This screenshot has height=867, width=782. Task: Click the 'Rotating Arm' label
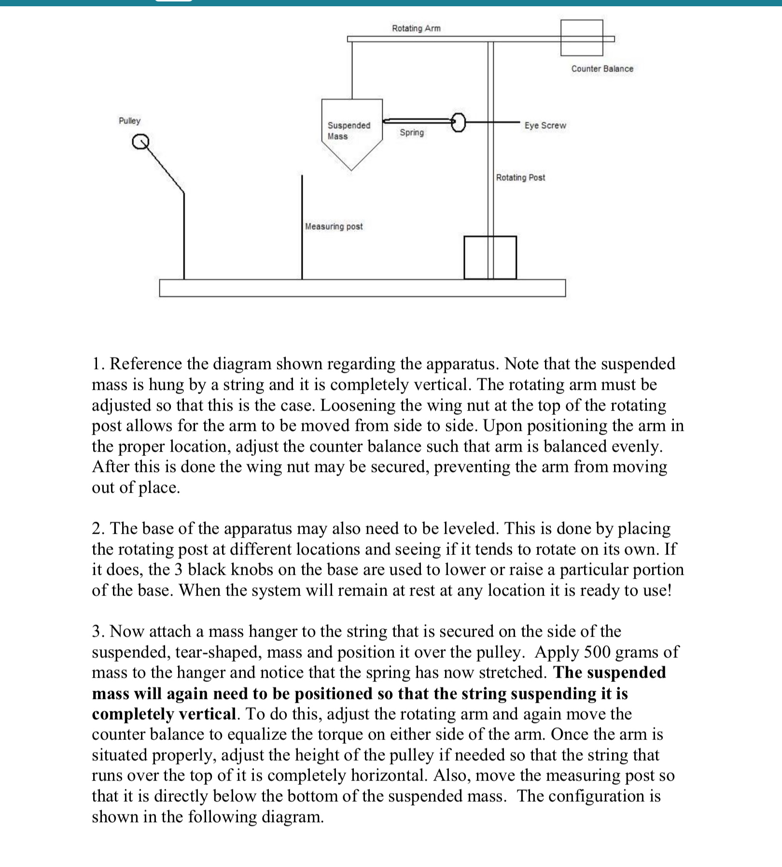(416, 28)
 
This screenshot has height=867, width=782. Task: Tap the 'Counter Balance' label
(602, 69)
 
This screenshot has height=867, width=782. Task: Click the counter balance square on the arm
(582, 38)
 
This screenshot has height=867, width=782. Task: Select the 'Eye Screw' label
(545, 126)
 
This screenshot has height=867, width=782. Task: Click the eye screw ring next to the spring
(459, 122)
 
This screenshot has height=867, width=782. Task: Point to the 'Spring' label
(412, 133)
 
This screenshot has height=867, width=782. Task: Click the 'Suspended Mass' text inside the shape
(349, 131)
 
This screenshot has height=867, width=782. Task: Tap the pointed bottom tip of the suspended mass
(352, 169)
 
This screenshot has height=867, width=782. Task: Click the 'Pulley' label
(129, 121)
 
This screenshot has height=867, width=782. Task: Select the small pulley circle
(140, 142)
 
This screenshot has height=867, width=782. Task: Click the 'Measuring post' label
(334, 227)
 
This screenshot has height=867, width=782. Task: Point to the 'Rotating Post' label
(520, 178)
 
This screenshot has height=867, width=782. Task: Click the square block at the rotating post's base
(490, 257)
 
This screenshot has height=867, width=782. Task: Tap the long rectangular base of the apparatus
(362, 288)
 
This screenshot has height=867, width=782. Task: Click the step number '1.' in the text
(98, 364)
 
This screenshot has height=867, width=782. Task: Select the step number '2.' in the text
(98, 529)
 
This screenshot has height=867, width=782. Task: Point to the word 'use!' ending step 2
(657, 591)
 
